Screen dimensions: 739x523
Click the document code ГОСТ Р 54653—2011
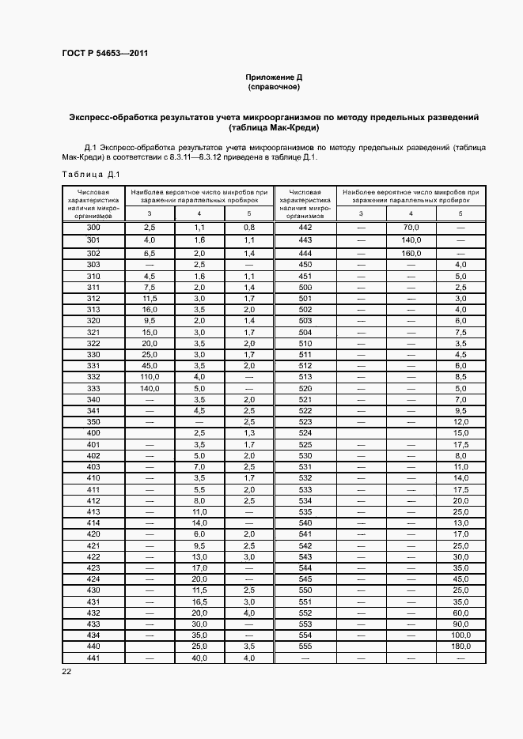coord(104,54)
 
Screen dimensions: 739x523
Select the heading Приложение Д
coord(274,77)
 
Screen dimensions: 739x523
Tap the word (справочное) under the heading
coord(274,87)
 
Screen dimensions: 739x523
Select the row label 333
coord(93,389)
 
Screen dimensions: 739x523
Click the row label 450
coord(305,264)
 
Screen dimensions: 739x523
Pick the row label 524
coord(305,434)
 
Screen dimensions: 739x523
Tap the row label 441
coord(93,658)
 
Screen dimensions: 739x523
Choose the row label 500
coord(305,288)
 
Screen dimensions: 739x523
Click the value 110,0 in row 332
coord(149,378)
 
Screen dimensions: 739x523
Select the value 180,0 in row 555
coord(460,647)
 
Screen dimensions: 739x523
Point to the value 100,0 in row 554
coord(460,635)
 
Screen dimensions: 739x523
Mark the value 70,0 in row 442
coord(410,228)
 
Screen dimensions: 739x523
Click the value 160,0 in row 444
coord(410,253)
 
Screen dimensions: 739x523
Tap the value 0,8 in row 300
coord(248,228)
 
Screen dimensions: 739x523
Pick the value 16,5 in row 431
coord(199,601)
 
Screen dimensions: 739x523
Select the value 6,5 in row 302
coord(149,253)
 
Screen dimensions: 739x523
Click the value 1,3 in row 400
coord(248,434)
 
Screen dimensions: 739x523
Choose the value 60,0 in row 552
coord(460,613)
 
